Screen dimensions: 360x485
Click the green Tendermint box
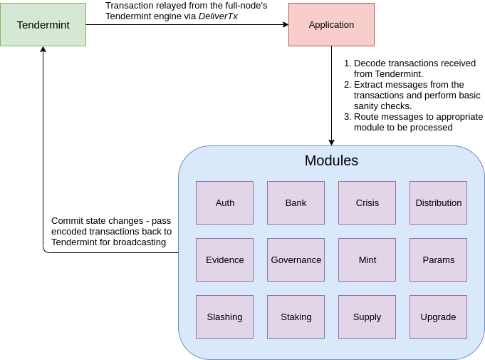pyautogui.click(x=43, y=25)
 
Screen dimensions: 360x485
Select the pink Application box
pyautogui.click(x=331, y=25)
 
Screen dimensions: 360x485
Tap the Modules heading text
pyautogui.click(x=331, y=160)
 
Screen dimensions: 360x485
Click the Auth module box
pyautogui.click(x=224, y=202)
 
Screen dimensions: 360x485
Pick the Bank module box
pyautogui.click(x=296, y=202)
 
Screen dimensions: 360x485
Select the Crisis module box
pyautogui.click(x=367, y=202)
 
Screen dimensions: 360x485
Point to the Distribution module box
pyautogui.click(x=438, y=202)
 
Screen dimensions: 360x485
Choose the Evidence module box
pyautogui.click(x=224, y=259)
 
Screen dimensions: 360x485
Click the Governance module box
pyautogui.click(x=296, y=259)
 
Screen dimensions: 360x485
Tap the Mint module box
pyautogui.click(x=367, y=259)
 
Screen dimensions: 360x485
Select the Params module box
pyautogui.click(x=438, y=259)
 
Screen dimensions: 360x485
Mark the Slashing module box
pyautogui.click(x=224, y=317)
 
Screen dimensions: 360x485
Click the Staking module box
pyautogui.click(x=296, y=317)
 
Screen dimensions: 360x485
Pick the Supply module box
pyautogui.click(x=367, y=317)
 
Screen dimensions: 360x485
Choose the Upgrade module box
pyautogui.click(x=438, y=317)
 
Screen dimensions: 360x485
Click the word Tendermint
pyautogui.click(x=43, y=25)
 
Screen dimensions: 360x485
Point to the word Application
pyautogui.click(x=331, y=25)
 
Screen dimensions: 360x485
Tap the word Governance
pyautogui.click(x=296, y=260)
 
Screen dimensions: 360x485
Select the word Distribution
pyautogui.click(x=438, y=203)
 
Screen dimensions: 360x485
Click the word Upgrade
pyautogui.click(x=438, y=317)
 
